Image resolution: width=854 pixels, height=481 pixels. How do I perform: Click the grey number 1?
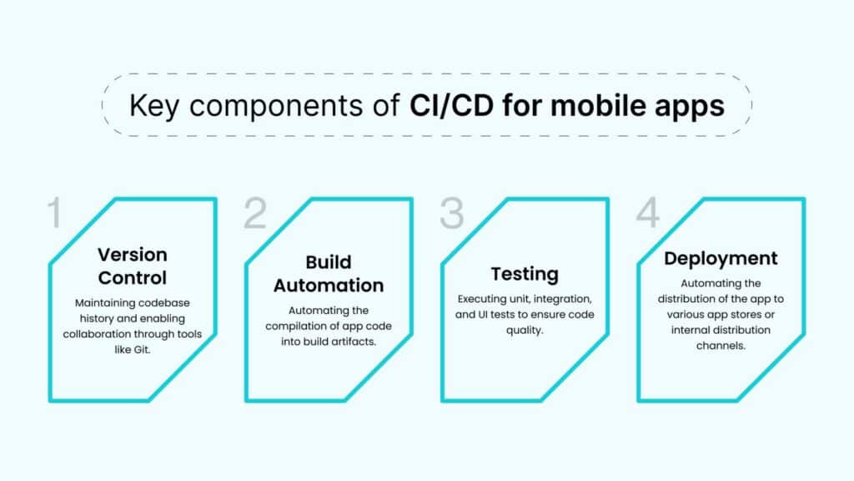point(55,214)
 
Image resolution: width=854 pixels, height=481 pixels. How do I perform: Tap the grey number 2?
point(255,214)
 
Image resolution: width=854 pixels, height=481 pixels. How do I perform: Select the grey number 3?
point(452,214)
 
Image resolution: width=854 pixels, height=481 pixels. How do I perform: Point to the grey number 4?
point(648,214)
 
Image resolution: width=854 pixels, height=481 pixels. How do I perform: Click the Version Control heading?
point(133,266)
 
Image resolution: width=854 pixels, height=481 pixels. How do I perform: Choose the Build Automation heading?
point(329,274)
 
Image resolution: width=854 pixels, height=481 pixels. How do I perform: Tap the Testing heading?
point(525,274)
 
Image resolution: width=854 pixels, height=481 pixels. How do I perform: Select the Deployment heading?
point(721,258)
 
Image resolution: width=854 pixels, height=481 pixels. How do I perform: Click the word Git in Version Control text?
point(155,348)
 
